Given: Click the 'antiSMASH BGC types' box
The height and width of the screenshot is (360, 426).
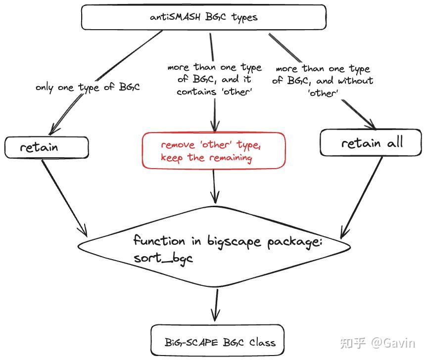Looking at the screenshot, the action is click(x=204, y=17).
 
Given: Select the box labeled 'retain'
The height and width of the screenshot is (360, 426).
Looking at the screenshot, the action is click(x=47, y=147).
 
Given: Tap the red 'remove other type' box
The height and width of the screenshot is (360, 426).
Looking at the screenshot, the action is click(x=214, y=151).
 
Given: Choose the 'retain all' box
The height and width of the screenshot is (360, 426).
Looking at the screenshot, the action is click(x=371, y=142).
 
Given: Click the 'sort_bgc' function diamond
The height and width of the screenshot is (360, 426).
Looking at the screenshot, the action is click(x=214, y=247).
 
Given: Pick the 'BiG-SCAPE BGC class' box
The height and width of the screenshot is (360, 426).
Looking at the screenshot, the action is click(x=217, y=340).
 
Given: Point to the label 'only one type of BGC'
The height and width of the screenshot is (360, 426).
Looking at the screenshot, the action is click(x=88, y=88).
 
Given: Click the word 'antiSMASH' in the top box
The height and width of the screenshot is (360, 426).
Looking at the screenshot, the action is click(x=175, y=17).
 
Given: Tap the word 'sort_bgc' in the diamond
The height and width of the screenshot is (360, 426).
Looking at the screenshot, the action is click(x=163, y=258).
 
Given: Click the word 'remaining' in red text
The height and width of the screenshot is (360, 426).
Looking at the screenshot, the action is click(x=231, y=158).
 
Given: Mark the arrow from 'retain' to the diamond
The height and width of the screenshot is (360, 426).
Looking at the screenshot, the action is click(x=64, y=198).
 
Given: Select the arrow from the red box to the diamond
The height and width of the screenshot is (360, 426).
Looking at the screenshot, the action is click(x=214, y=186).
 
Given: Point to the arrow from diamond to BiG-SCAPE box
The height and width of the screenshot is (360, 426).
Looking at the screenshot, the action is click(x=216, y=305).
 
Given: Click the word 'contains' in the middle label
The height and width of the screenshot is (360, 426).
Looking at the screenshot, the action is click(x=196, y=92).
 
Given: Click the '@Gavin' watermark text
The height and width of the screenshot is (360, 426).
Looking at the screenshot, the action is click(x=393, y=343).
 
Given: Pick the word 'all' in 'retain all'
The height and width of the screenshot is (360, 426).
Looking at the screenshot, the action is click(x=395, y=142).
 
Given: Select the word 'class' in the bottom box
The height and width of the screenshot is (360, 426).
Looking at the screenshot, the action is click(x=262, y=342).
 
